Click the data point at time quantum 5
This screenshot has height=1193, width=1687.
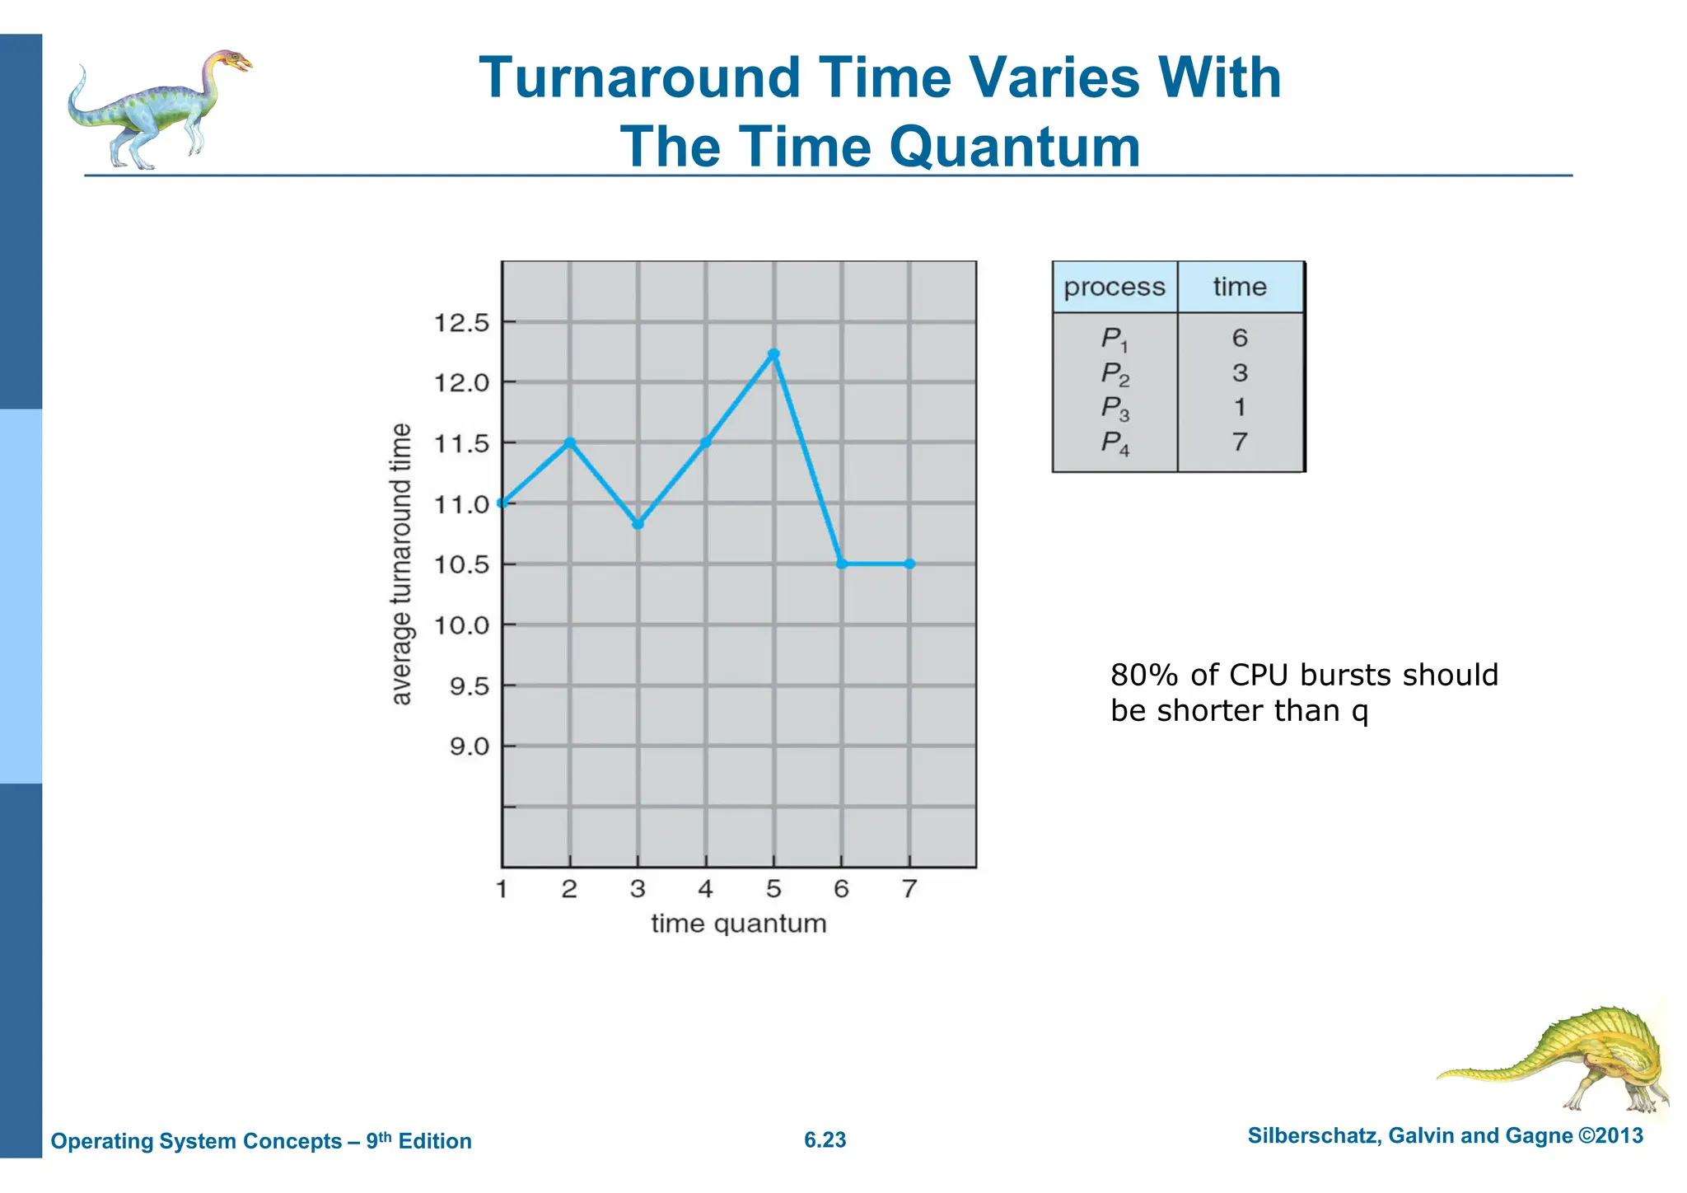773,354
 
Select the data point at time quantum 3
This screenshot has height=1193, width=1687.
638,524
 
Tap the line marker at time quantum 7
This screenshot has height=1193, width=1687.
909,564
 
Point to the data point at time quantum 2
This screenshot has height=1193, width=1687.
569,443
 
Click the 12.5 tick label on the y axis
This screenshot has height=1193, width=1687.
461,323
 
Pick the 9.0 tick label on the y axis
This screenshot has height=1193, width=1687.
469,747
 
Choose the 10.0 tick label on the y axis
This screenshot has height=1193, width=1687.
461,626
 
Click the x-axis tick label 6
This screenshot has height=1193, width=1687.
841,889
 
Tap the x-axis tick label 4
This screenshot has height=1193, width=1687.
705,889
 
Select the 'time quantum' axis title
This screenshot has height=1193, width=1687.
738,924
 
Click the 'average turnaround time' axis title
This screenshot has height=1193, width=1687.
400,564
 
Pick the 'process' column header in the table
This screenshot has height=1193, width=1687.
1115,288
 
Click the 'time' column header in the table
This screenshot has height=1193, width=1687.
1240,288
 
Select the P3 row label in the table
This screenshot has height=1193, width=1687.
1115,408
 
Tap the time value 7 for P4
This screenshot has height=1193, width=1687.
1240,442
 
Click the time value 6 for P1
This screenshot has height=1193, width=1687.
1240,338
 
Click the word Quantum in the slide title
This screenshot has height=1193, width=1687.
1014,147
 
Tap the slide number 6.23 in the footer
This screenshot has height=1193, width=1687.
825,1140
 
